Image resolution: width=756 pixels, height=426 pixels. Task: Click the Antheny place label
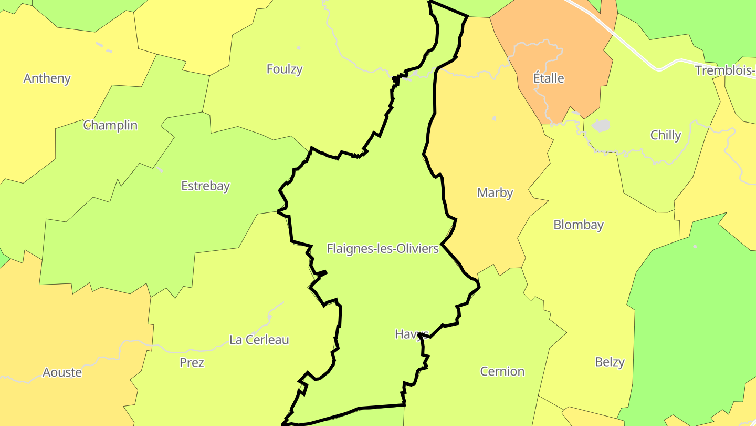(47, 78)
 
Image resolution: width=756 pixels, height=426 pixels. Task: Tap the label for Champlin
(110, 125)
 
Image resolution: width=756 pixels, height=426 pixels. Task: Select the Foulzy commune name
(285, 69)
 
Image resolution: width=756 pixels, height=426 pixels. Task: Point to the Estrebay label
(205, 186)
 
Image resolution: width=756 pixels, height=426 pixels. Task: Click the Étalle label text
(549, 78)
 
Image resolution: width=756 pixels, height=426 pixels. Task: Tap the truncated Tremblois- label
(725, 70)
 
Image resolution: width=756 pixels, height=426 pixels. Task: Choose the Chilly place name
(665, 135)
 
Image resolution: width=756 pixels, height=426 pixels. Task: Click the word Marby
(495, 192)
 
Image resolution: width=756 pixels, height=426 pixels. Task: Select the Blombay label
(579, 225)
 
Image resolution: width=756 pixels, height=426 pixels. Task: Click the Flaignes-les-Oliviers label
(382, 248)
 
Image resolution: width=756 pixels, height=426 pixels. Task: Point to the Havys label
(408, 334)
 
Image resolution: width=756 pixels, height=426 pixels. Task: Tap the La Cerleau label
(259, 340)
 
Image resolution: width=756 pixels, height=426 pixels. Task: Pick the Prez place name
(192, 362)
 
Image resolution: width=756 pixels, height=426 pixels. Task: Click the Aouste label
(62, 372)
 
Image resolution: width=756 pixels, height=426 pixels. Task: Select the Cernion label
(502, 371)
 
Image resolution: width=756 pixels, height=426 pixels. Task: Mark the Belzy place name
(610, 362)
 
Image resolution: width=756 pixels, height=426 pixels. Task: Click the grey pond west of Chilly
(601, 125)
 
